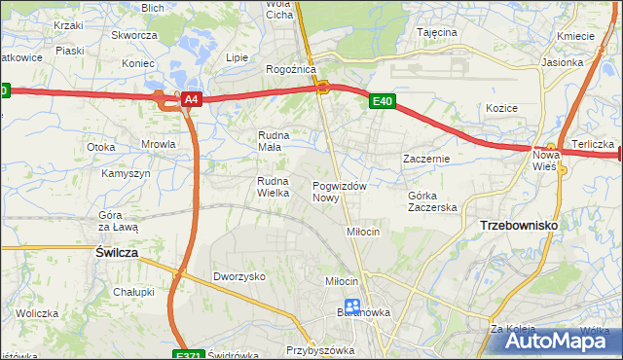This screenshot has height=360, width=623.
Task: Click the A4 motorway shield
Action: coord(192,99)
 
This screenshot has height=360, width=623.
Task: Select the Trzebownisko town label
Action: coord(519,225)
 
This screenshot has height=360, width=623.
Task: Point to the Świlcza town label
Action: coord(117,251)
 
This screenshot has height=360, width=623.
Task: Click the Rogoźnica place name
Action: coord(290,70)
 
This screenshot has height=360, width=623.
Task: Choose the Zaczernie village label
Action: coord(425,158)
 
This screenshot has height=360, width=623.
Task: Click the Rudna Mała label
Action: coord(275,141)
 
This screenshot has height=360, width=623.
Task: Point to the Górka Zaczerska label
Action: coord(432,201)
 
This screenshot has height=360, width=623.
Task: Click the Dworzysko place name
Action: coord(239,276)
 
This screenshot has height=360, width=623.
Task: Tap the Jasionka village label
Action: coord(589,62)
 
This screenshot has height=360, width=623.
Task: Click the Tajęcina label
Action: coord(437,32)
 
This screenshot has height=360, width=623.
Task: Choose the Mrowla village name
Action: coord(158,144)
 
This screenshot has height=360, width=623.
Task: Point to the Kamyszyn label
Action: coord(126,173)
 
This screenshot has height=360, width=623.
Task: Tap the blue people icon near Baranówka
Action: coord(352,307)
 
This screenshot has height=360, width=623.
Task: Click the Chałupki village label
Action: coord(133,292)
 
